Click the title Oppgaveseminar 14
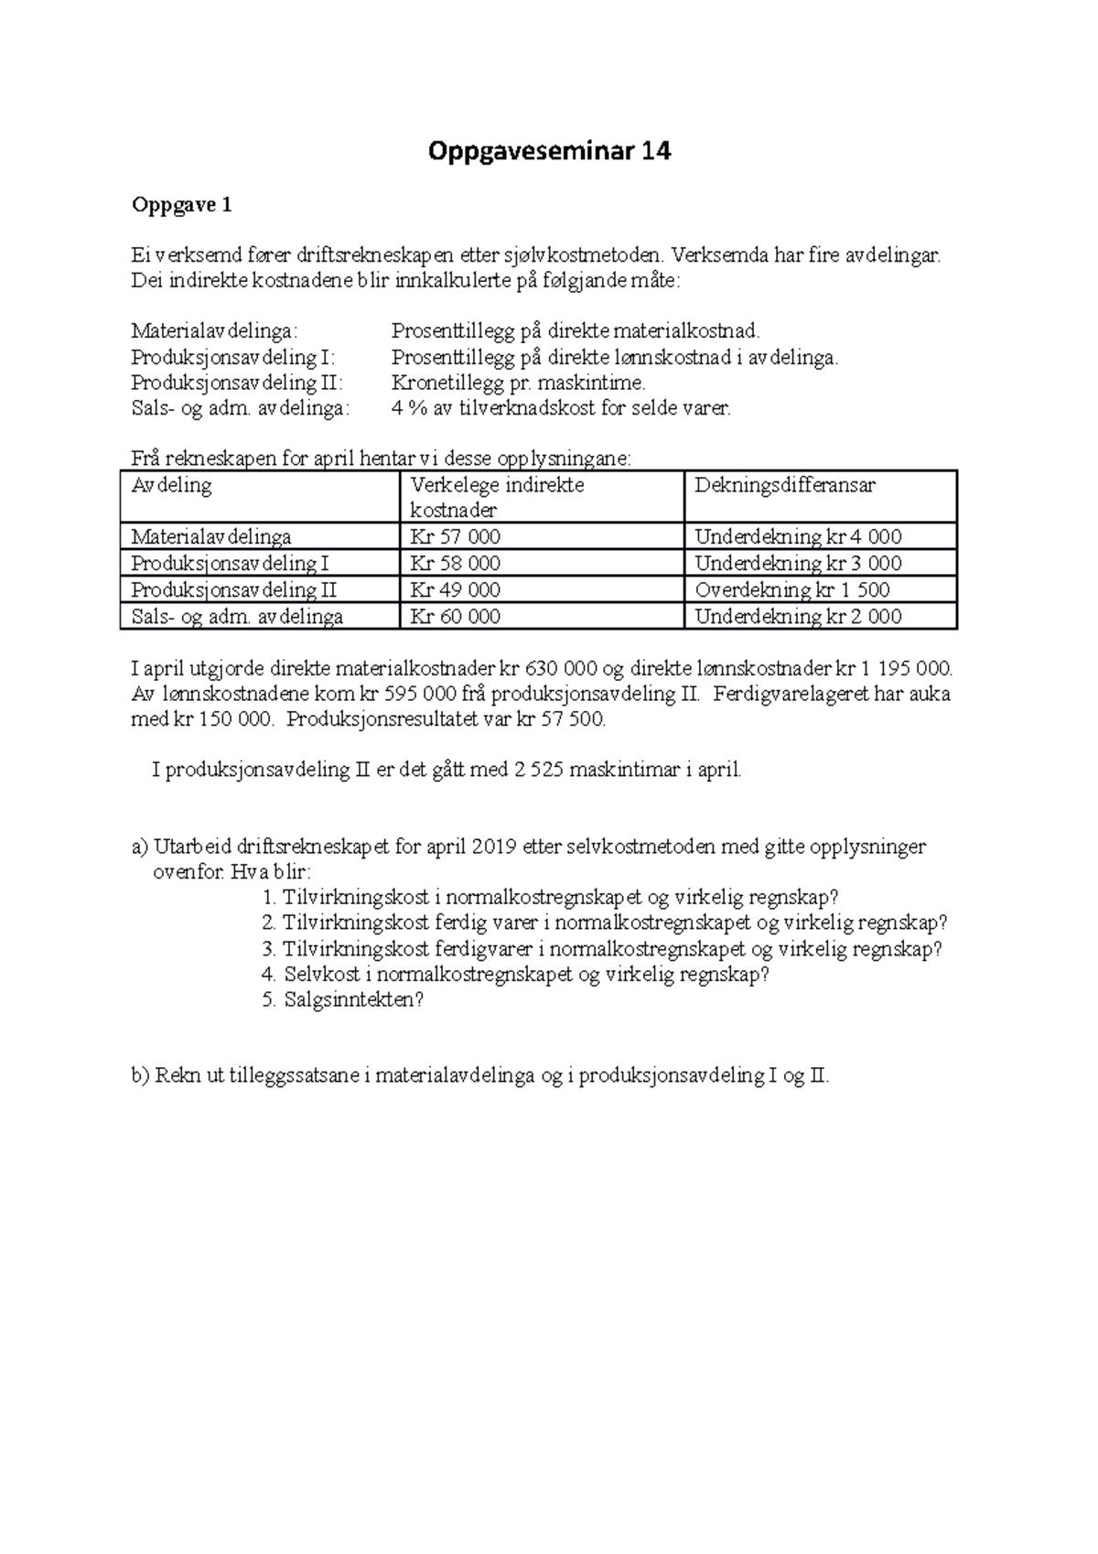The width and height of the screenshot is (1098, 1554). pos(549,151)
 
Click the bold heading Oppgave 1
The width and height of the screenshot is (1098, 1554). pos(181,205)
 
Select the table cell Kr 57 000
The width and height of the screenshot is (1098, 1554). pos(455,537)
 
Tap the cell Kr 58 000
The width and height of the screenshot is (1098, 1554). pos(455,564)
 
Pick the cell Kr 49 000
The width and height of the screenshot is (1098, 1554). pos(455,590)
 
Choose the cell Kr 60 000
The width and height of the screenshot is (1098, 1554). pos(455,617)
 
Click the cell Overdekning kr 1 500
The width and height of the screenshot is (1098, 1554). pos(791,590)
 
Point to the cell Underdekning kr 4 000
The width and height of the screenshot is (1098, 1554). pos(798,537)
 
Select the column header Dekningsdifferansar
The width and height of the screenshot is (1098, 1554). pos(784,485)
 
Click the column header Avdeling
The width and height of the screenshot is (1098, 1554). pos(171,485)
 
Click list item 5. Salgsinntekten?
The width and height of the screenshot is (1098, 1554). pos(343,1000)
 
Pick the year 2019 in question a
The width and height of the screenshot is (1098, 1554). pos(495,847)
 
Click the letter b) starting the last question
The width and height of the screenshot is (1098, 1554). pos(140,1076)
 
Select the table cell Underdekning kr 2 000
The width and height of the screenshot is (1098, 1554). pos(798,617)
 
